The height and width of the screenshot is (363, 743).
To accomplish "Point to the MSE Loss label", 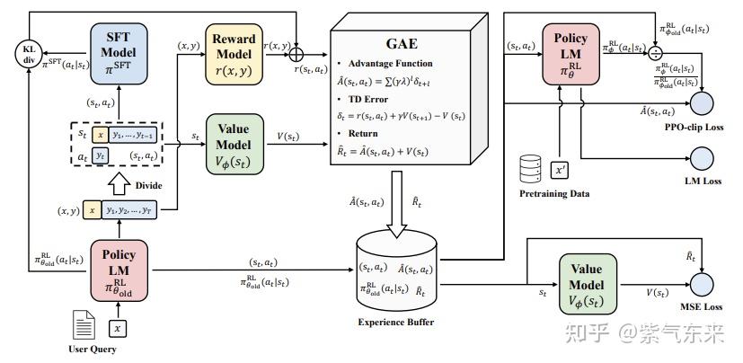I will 701,307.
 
